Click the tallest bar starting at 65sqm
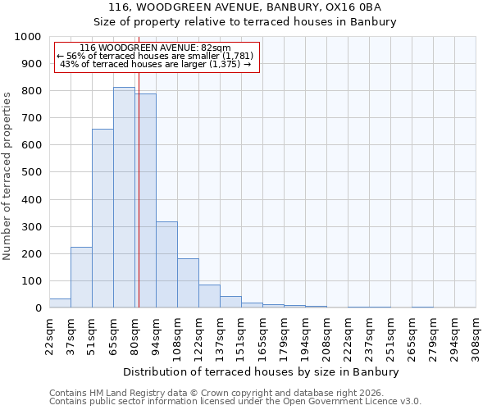coord(124,198)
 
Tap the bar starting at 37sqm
coord(81,277)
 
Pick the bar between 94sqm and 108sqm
coord(166,264)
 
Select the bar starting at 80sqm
coord(145,201)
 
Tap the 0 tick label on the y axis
coord(39,308)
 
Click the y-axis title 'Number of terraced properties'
coord(7,175)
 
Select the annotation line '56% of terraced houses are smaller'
coord(156,56)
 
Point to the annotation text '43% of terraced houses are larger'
coord(156,64)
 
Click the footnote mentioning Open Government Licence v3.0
coord(235,402)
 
